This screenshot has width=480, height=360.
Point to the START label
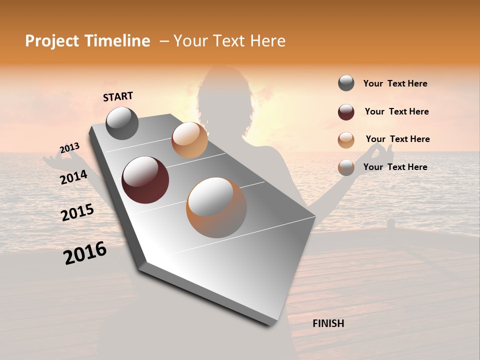point(118,96)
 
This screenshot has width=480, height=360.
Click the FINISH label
point(328,323)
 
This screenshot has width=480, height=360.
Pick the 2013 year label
point(69,148)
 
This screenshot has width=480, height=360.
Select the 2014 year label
point(73,177)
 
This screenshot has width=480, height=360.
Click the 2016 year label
point(85,253)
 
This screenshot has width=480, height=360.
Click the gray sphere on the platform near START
point(122,123)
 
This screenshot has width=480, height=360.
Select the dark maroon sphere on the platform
point(145,180)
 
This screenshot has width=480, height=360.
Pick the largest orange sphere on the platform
point(216,207)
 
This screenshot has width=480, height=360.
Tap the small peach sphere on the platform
point(189,140)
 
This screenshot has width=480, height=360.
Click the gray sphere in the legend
point(346,83)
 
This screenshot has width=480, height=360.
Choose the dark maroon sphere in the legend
point(346,112)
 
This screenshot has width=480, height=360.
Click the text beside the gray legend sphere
point(395,83)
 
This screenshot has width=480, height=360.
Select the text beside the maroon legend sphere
point(396,111)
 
